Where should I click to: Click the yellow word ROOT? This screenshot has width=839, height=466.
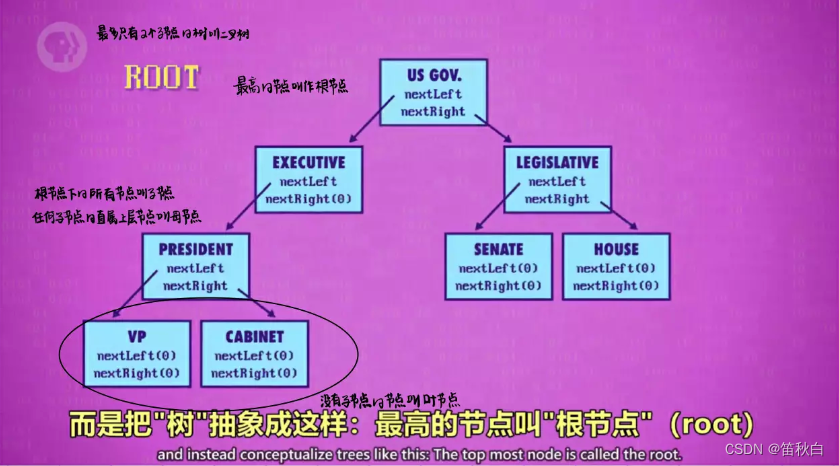click(162, 77)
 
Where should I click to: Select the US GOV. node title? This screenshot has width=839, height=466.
click(433, 75)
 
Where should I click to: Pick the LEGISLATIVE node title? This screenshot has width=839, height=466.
click(558, 162)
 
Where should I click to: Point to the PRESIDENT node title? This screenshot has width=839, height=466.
click(195, 249)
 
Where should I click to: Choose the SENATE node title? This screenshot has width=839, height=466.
click(498, 249)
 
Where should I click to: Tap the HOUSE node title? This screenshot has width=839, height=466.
click(616, 249)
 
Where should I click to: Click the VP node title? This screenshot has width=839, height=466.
click(138, 336)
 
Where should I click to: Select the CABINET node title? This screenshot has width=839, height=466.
click(255, 336)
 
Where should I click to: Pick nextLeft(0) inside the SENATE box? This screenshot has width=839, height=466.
click(498, 268)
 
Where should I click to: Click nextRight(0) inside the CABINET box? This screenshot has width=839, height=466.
click(255, 374)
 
